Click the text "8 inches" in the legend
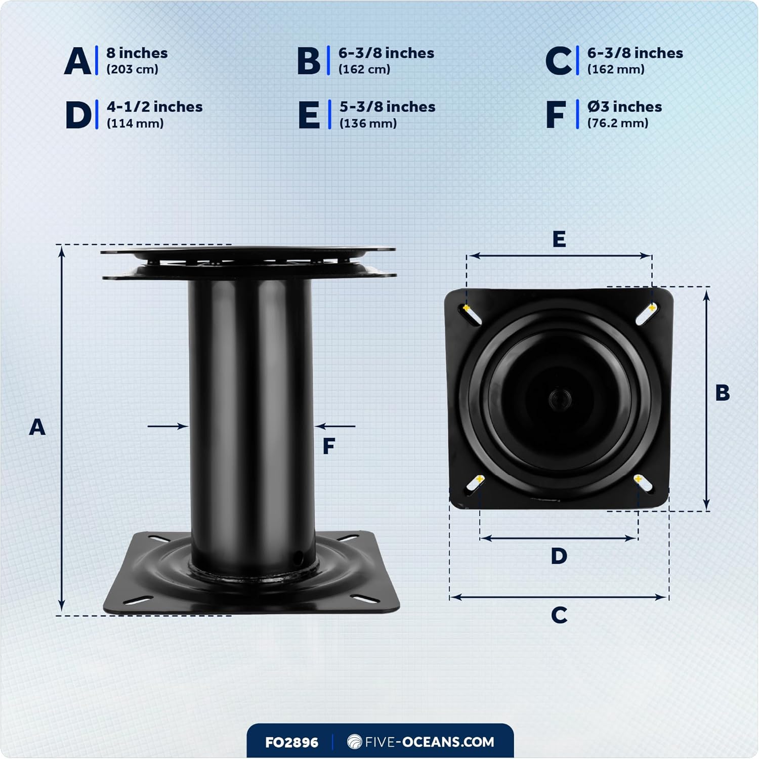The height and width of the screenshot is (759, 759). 137,53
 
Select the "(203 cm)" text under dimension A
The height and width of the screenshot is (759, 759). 132,69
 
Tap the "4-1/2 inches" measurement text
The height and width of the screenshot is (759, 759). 154,107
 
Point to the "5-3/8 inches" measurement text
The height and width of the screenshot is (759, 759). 387,107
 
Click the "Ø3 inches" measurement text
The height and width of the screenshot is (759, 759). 624,107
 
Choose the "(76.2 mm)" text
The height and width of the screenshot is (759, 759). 617,123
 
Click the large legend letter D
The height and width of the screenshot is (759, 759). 78,115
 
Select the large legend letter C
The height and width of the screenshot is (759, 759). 559,61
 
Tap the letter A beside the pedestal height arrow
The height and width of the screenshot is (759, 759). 37,428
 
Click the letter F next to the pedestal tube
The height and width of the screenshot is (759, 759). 329,446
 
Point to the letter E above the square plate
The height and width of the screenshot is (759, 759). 559,239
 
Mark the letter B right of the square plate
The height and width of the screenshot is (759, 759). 722,393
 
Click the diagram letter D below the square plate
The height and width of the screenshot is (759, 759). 559,556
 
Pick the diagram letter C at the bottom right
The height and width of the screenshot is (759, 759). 559,615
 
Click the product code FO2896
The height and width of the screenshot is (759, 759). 291,742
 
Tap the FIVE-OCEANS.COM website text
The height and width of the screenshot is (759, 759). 429,742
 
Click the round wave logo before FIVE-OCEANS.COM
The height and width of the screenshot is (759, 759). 354,742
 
